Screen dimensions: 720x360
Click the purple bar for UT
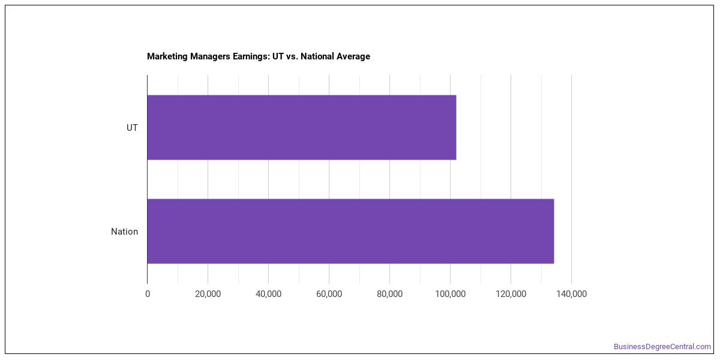[x=301, y=127]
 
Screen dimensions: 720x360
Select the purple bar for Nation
[x=350, y=231]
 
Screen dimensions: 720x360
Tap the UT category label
[x=132, y=128]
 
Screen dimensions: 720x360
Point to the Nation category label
[x=124, y=232]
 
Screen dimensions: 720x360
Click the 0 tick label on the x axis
[x=148, y=294]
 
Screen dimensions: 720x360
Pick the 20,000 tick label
[x=208, y=294]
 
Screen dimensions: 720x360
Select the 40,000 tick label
[x=268, y=294]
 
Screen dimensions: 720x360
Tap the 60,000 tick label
[x=329, y=294]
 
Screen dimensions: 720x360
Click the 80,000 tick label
[x=389, y=294]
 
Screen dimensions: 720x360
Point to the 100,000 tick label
[x=451, y=294]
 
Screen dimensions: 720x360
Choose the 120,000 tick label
[x=511, y=294]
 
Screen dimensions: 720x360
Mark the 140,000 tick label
[x=571, y=294]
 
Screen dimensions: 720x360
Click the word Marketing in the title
[x=167, y=56]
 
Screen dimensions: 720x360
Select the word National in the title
[x=317, y=56]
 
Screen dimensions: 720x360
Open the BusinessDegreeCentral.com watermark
[x=662, y=347]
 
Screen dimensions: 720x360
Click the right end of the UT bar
[x=456, y=127]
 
